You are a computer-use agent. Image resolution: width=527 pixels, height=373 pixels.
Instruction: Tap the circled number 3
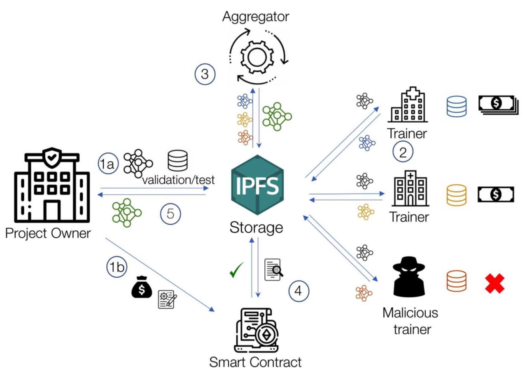pos(205,74)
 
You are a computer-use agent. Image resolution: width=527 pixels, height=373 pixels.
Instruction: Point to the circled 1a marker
pos(107,164)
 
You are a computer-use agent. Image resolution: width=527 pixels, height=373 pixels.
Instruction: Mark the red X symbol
pos(494,283)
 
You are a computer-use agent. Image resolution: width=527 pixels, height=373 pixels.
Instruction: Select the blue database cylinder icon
pos(456,107)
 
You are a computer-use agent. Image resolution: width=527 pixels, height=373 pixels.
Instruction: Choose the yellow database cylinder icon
pos(456,195)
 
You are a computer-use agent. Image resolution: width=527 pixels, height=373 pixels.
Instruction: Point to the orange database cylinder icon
pos(456,282)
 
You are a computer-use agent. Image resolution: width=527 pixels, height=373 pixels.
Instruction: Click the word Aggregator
pos(256,17)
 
